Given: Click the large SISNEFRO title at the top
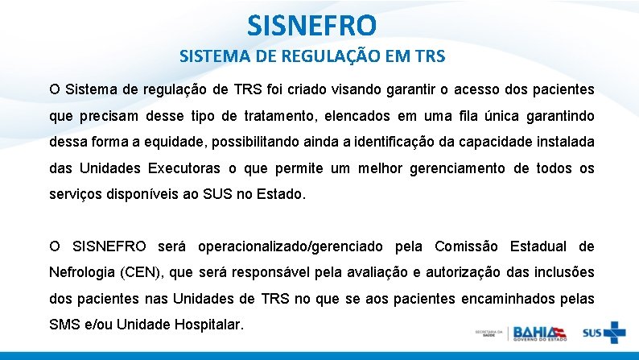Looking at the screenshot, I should tap(311, 26).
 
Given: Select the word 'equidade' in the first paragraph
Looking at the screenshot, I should tap(166, 141).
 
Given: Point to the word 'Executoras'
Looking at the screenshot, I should tap(185, 168).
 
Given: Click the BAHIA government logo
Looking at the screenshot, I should tap(540, 332).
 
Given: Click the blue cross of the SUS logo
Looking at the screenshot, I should tap(614, 333).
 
